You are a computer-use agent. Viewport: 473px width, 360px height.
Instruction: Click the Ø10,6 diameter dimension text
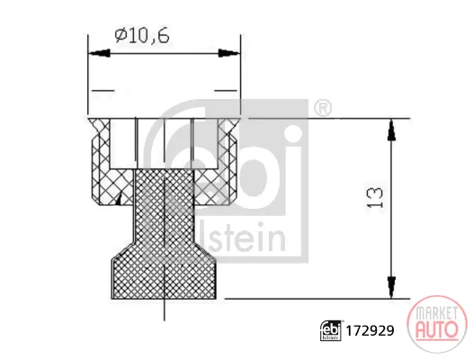click(142, 36)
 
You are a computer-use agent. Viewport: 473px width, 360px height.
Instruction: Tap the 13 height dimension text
click(375, 197)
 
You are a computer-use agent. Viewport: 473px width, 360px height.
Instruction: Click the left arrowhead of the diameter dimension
click(99, 53)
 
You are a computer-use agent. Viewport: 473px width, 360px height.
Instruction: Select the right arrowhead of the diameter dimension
click(229, 53)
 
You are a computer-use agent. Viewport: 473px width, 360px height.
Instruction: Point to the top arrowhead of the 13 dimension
click(391, 130)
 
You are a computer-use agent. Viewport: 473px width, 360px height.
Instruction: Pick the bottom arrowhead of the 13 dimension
click(391, 287)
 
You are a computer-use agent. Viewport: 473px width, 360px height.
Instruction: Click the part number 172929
click(370, 331)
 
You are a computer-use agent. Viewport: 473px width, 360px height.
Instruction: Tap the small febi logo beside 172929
click(331, 330)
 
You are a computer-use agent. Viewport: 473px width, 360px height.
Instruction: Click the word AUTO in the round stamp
click(436, 329)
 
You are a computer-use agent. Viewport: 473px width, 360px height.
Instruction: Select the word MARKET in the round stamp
click(436, 313)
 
